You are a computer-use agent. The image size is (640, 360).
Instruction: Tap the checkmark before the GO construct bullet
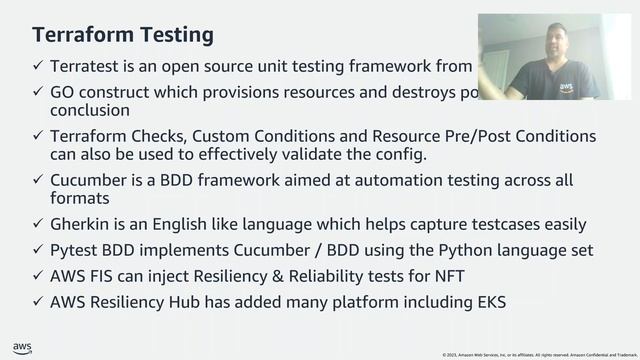[x=37, y=92]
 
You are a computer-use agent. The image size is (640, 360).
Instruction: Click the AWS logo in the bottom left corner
[x=22, y=348]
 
